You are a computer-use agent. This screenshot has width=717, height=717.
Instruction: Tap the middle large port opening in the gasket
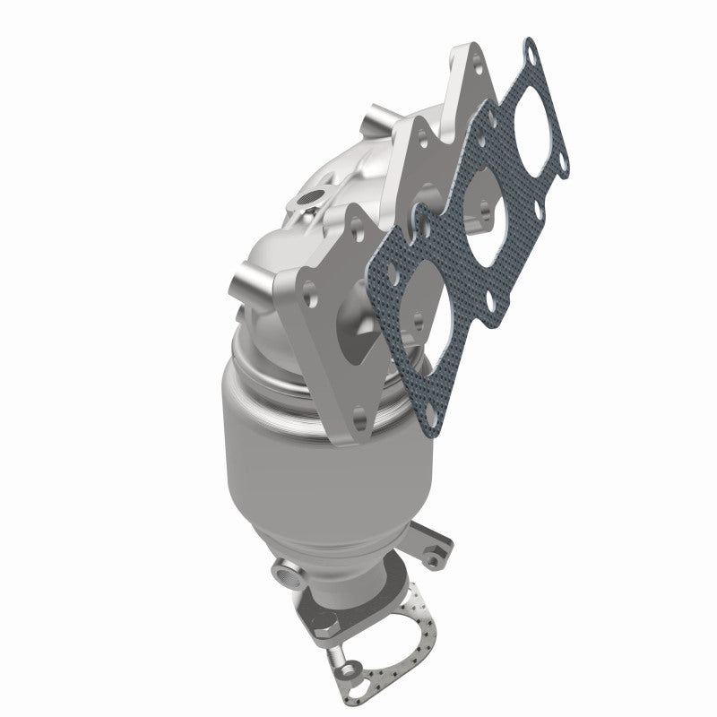pyautogui.click(x=489, y=228)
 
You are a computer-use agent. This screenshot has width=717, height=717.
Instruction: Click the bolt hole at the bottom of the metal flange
pyautogui.click(x=358, y=417)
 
